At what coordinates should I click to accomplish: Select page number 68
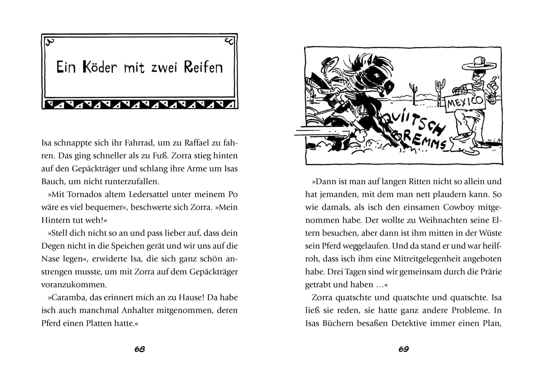(x=139, y=349)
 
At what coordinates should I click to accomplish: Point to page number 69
(x=403, y=349)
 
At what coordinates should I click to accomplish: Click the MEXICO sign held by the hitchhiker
(x=465, y=101)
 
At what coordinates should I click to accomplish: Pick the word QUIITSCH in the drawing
(x=412, y=122)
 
